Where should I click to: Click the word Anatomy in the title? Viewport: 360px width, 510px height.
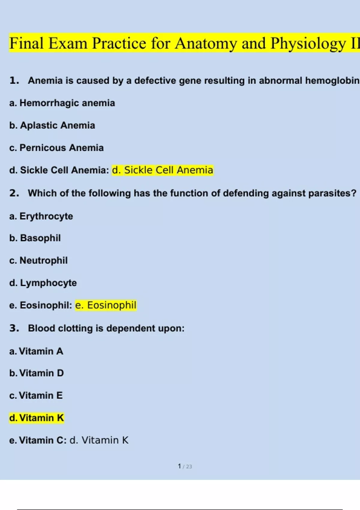click(206, 43)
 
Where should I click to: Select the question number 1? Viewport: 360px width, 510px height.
click(14, 80)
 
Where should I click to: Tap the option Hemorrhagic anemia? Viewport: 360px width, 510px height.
click(62, 103)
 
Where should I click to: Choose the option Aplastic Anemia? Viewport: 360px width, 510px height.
click(52, 125)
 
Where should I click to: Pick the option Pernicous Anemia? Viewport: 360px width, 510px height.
click(57, 148)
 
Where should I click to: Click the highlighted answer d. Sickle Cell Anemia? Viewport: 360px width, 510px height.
click(163, 170)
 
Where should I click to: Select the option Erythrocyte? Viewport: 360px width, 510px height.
click(41, 216)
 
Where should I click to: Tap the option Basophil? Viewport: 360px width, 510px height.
click(35, 238)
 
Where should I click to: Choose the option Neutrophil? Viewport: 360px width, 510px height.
click(38, 260)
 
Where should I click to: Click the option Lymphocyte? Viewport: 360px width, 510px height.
click(43, 283)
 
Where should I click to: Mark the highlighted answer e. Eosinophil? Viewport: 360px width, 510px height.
click(106, 305)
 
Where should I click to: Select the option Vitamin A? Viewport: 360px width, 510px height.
click(36, 351)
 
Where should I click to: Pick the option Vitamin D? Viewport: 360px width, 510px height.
click(37, 373)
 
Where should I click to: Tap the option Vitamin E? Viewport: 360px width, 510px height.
click(36, 395)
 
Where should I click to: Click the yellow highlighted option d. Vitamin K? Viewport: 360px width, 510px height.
click(37, 418)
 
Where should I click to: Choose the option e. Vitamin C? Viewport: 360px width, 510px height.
click(38, 440)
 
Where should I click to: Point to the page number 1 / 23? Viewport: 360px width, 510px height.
click(184, 466)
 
